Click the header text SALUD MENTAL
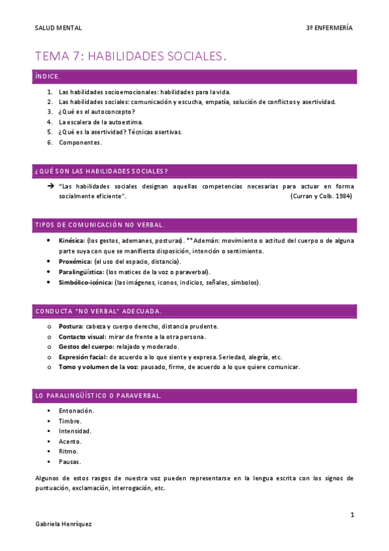click(58, 28)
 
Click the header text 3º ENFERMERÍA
click(329, 28)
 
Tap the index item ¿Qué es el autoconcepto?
click(96, 112)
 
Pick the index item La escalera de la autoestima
click(101, 122)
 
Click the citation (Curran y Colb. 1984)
click(321, 196)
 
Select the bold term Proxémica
click(75, 261)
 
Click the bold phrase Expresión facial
click(82, 357)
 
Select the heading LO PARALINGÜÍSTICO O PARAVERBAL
click(97, 395)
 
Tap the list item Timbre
click(70, 421)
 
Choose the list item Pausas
click(69, 461)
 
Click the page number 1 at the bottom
click(352, 515)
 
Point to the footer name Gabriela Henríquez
click(64, 524)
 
